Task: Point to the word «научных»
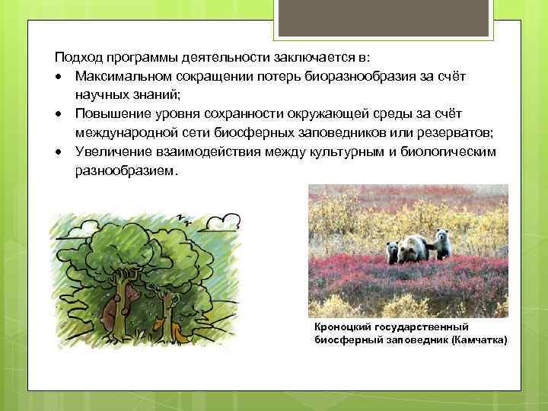pos(98,95)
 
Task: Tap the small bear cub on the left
pos(393,252)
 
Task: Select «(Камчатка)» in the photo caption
pos(479,339)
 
